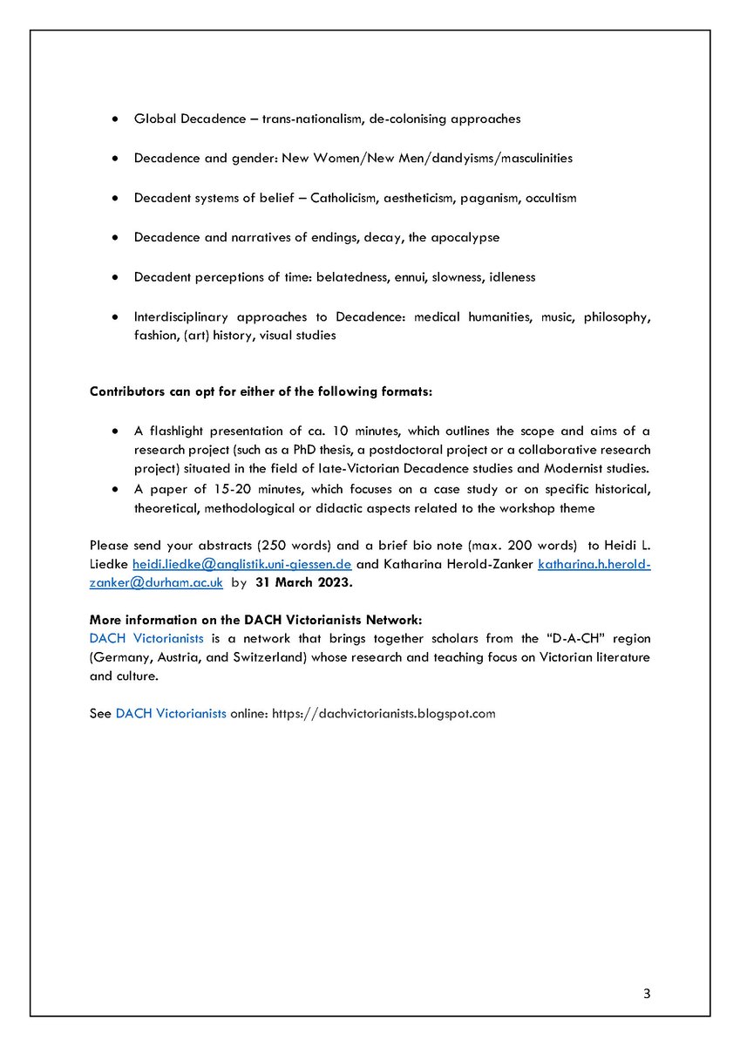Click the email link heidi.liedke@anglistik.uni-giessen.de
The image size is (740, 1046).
tap(241, 565)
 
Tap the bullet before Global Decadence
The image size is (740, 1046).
tap(115, 119)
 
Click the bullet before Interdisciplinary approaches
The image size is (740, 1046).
tap(115, 316)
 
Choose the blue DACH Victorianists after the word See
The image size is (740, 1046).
tap(171, 713)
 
